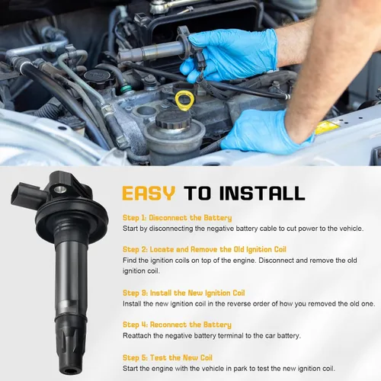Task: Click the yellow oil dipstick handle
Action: [x=184, y=101]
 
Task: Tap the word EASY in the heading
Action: [x=149, y=194]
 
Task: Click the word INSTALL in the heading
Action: [x=262, y=194]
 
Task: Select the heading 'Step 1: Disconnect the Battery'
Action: [x=178, y=218]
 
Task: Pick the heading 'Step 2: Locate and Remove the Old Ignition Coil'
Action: [x=204, y=249]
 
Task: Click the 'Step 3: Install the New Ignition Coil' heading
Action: [x=184, y=293]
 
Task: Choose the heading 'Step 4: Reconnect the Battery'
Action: [x=177, y=325]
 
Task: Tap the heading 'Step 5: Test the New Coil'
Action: [x=168, y=357]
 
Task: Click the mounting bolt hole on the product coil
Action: [x=60, y=189]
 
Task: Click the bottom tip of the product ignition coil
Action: [x=72, y=370]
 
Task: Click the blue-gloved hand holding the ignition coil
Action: [x=228, y=56]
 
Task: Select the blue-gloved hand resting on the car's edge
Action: [x=265, y=132]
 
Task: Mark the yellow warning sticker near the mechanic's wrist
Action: [x=327, y=126]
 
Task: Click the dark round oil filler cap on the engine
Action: [x=98, y=76]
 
